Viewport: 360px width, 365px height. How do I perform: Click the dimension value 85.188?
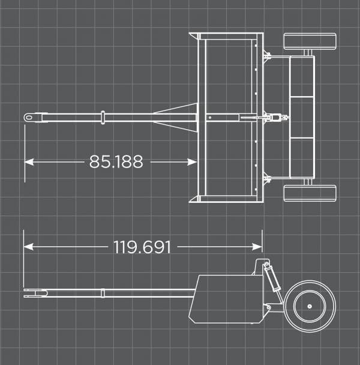point(116,161)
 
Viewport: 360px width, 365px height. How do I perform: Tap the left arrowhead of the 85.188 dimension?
point(28,161)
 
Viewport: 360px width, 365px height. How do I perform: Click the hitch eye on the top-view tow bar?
point(29,117)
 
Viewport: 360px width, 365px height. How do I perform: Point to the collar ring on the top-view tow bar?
point(103,117)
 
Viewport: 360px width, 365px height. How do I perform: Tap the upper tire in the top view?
point(310,41)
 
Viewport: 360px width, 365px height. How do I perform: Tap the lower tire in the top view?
point(310,193)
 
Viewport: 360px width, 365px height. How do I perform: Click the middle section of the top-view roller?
point(302,117)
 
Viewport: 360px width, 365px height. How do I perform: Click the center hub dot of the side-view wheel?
point(309,306)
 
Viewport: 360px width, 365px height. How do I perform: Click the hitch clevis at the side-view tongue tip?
point(35,293)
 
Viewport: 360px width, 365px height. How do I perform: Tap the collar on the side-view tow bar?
point(103,293)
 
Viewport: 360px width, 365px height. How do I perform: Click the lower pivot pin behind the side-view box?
point(268,308)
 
